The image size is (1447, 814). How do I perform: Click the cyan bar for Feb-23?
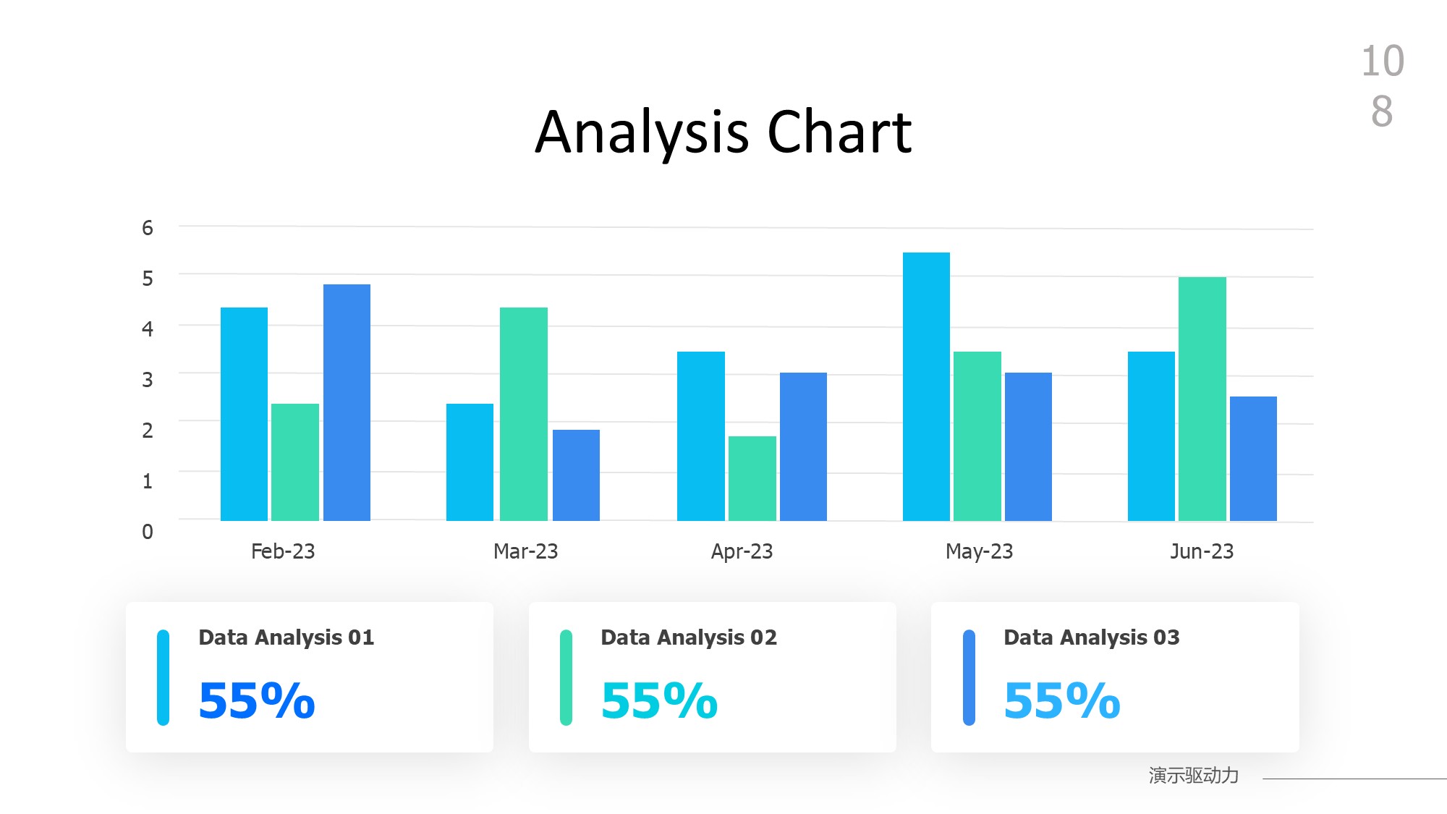[x=244, y=414]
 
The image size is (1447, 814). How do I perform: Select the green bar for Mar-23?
[x=523, y=414]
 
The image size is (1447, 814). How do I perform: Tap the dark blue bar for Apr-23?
[x=803, y=446]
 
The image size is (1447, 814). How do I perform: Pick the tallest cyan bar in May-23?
[x=926, y=386]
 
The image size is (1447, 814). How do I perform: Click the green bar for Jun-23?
[x=1202, y=399]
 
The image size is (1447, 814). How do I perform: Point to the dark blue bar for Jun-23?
[x=1253, y=459]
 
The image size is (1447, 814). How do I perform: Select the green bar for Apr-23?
[x=752, y=478]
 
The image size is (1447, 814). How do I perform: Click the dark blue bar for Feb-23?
[x=347, y=402]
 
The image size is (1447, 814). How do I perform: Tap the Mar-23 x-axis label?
[x=525, y=551]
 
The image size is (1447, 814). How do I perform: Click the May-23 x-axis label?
[x=979, y=551]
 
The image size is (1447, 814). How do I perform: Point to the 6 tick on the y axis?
[x=148, y=228]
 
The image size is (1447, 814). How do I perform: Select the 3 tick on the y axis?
[x=148, y=379]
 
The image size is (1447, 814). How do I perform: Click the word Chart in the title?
[x=839, y=132]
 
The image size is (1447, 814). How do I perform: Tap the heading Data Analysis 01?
[x=287, y=637]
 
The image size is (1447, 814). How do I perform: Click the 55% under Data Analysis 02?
[x=659, y=700]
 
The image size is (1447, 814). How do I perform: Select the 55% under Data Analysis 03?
[x=1061, y=700]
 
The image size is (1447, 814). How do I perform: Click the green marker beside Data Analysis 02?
[x=566, y=677]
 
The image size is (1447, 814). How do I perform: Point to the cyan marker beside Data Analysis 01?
[x=164, y=677]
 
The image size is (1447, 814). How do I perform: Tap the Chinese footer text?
[x=1193, y=776]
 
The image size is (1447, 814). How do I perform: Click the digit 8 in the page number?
[x=1382, y=111]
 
